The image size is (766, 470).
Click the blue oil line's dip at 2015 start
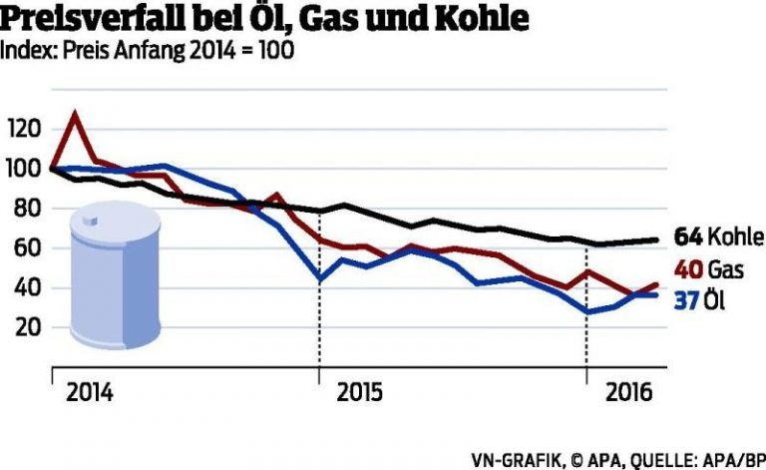coord(319,278)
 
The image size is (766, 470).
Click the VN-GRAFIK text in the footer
coord(520,459)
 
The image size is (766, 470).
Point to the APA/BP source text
coord(732,459)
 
